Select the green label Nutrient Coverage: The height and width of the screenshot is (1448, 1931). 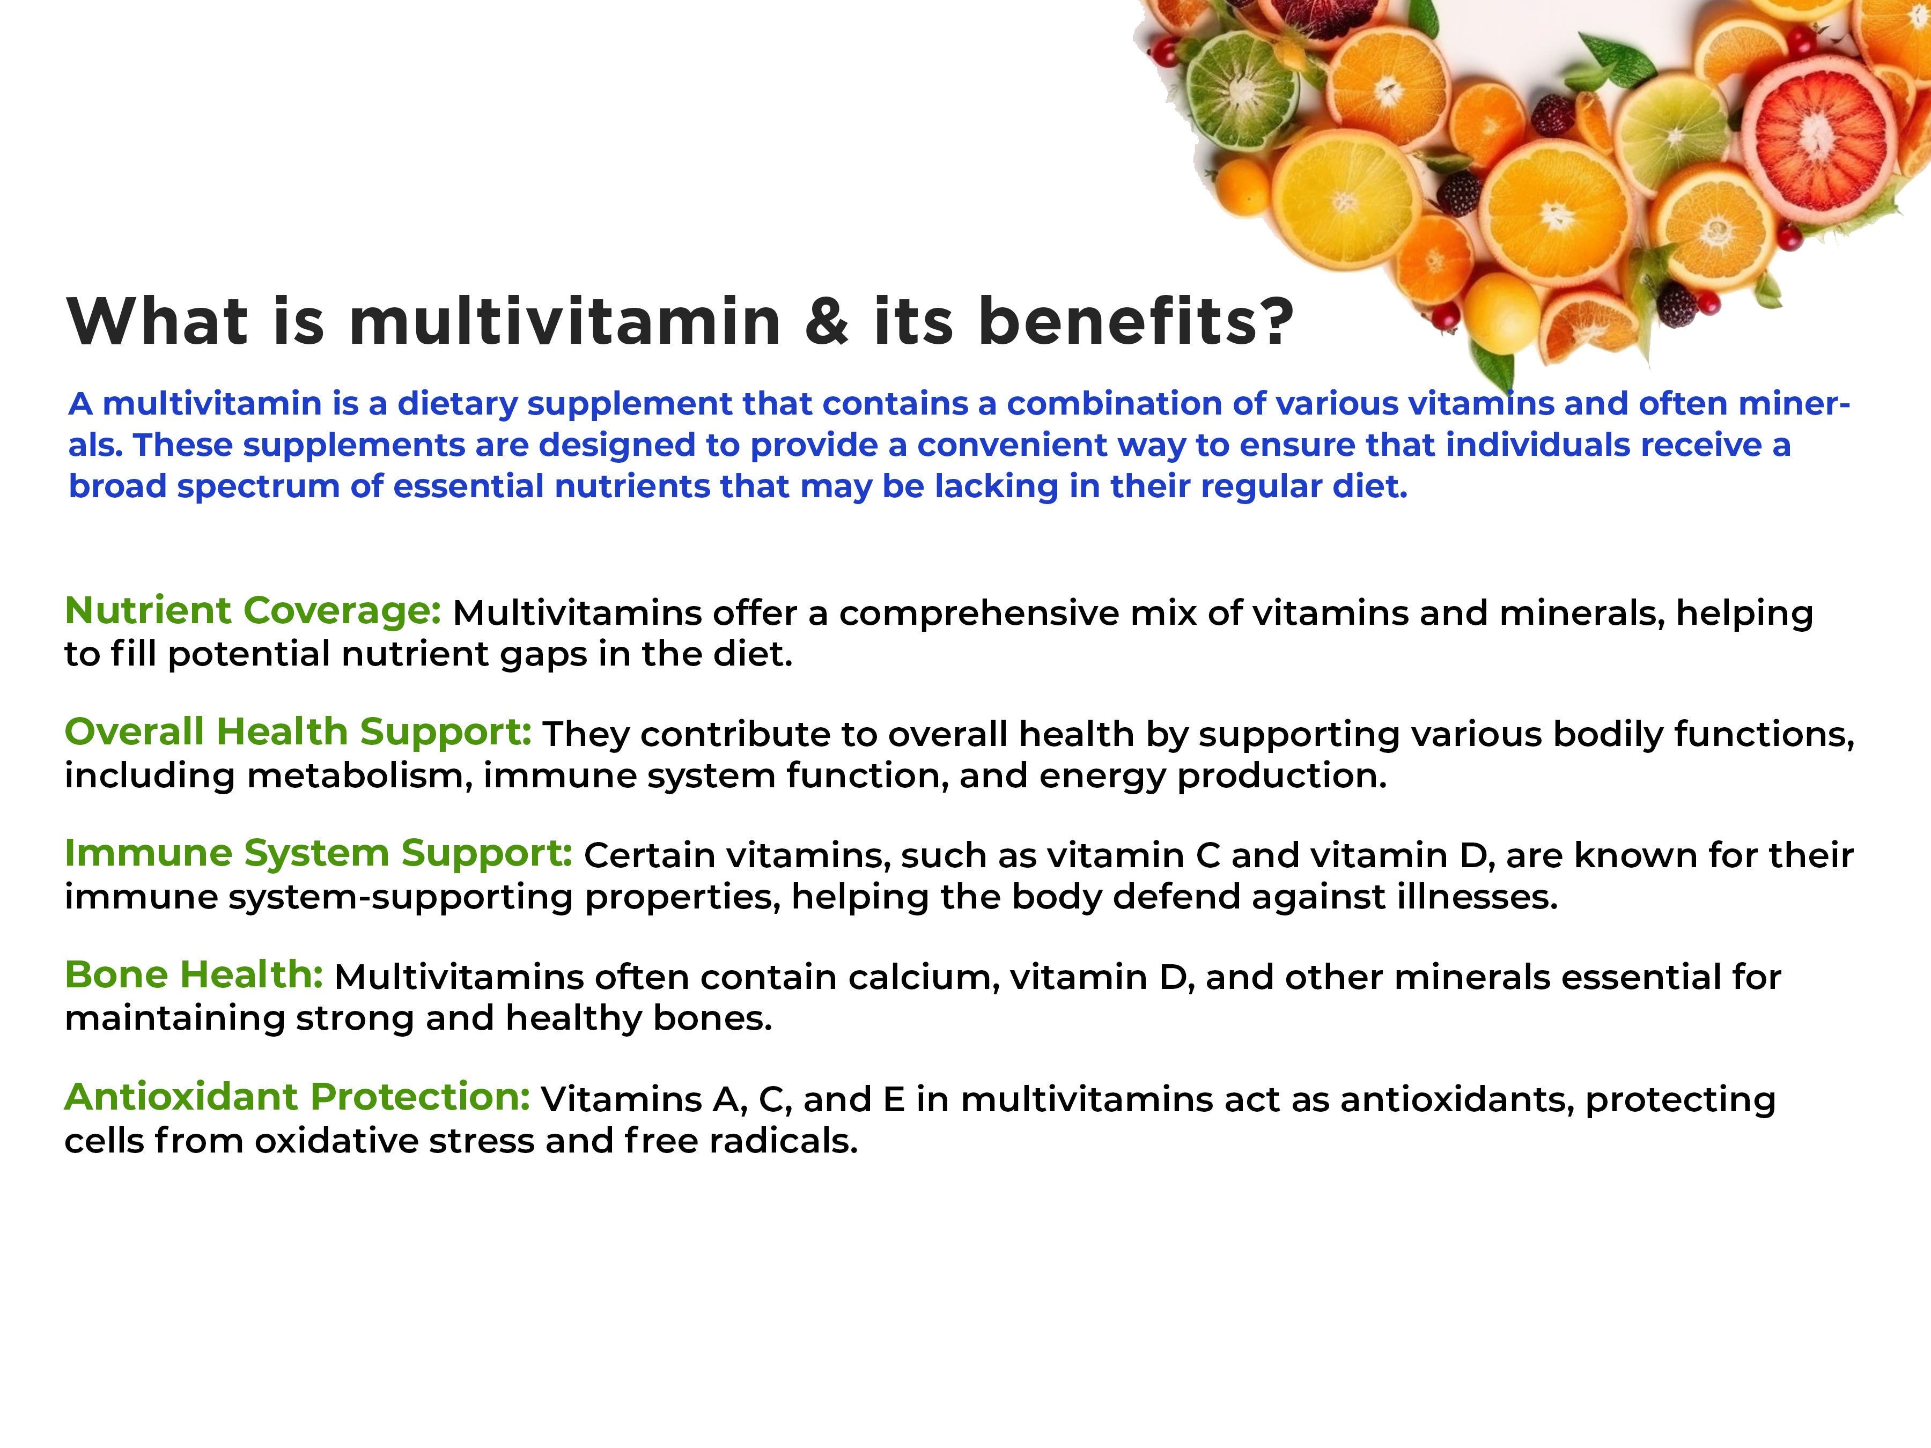pyautogui.click(x=253, y=611)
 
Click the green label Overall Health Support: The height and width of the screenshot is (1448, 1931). pyautogui.click(x=298, y=732)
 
